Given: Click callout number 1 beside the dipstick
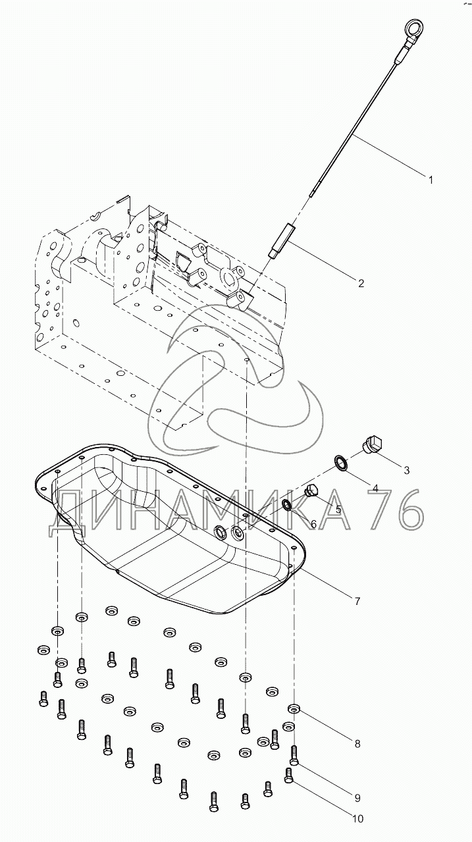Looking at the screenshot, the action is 431,180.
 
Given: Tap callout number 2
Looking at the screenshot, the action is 361,283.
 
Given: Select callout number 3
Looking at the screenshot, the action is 406,470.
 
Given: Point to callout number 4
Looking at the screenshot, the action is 375,488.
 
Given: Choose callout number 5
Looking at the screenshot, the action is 338,510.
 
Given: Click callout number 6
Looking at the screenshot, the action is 313,523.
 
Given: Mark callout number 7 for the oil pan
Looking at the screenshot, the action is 357,601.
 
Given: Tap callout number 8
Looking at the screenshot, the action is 357,743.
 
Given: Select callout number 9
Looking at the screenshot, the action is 357,798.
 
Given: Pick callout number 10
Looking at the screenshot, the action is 358,819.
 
